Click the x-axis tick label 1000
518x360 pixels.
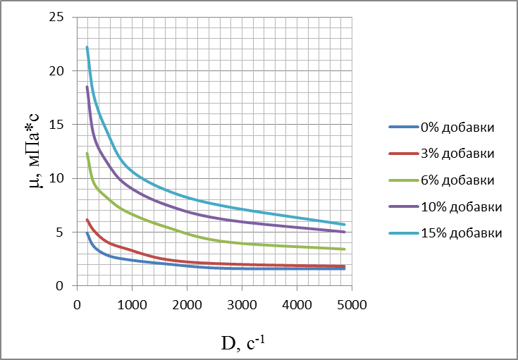(132, 304)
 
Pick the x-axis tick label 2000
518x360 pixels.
(187, 304)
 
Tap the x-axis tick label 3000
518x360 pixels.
(242, 304)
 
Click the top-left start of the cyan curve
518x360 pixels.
(87, 47)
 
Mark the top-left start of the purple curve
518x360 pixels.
(87, 87)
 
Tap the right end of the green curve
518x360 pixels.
(345, 249)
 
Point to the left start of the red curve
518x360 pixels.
(87, 219)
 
